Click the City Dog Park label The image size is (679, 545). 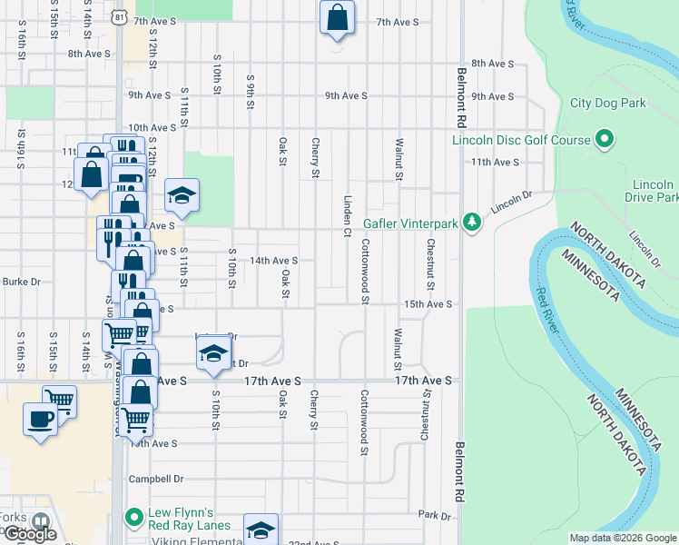607,103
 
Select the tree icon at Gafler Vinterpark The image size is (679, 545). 470,222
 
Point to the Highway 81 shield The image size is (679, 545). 121,17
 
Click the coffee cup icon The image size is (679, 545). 40,420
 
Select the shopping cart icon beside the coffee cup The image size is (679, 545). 59,399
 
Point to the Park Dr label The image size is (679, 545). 435,515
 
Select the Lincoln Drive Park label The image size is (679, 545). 652,191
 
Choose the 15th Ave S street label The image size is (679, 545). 428,304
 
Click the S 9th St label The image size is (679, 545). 250,91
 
